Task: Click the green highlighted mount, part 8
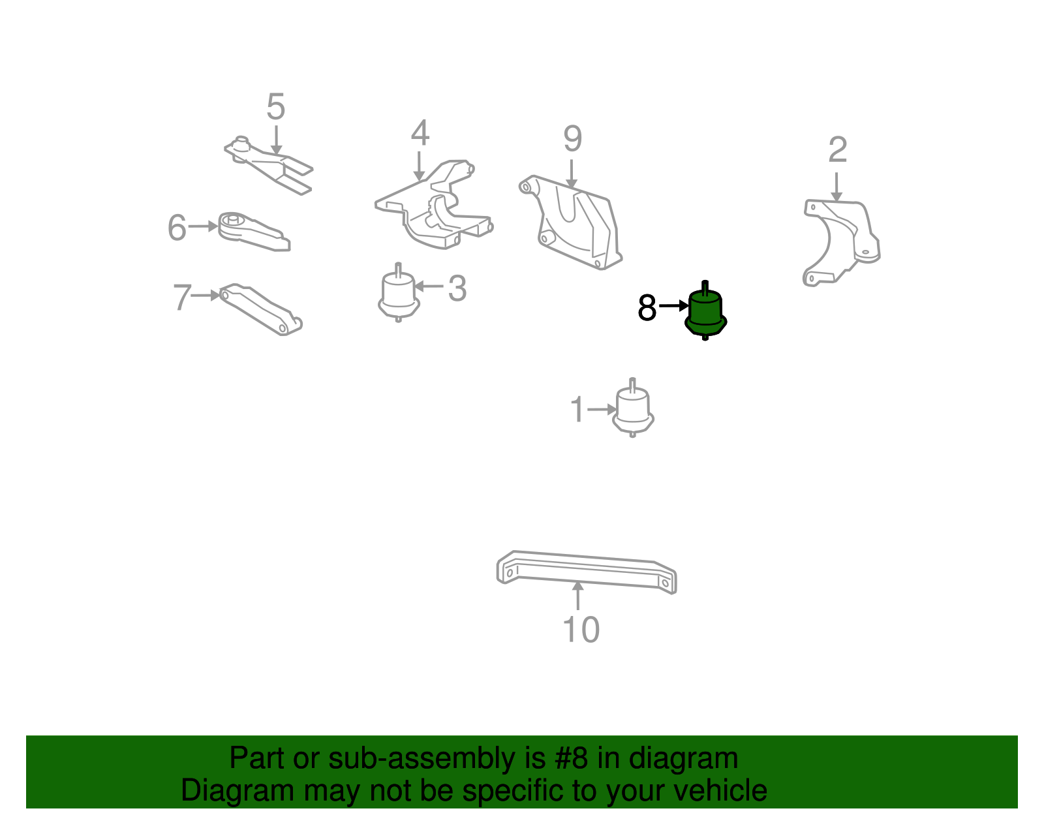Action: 705,312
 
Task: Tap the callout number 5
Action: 276,106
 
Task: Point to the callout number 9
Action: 572,138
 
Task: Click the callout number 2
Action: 837,149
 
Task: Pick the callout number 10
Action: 581,630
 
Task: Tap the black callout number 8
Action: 647,307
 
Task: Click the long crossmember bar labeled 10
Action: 587,572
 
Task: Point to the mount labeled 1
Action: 633,408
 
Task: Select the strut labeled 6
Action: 253,232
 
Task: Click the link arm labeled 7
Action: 260,309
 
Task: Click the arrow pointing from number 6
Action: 203,226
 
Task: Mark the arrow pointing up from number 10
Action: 578,596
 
